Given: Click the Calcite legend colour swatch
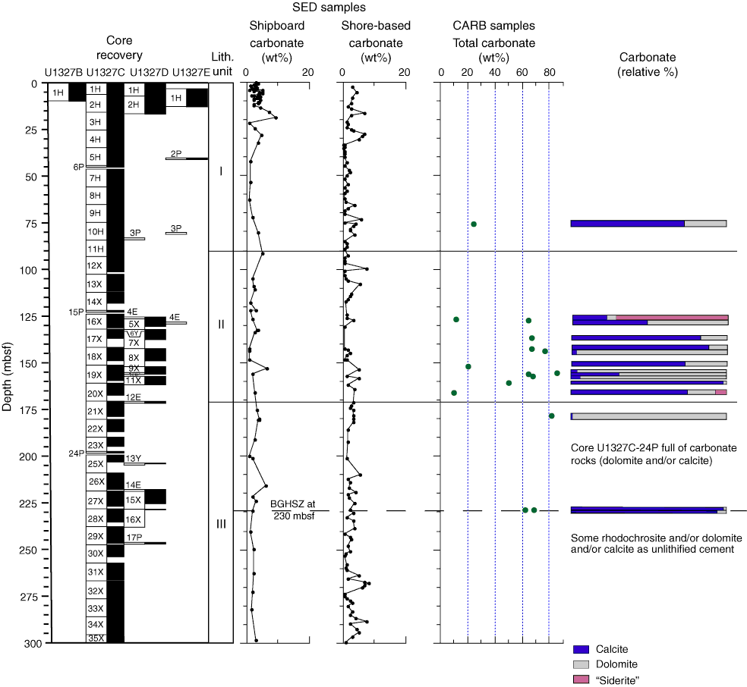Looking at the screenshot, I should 581,649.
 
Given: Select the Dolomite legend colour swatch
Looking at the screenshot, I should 581,664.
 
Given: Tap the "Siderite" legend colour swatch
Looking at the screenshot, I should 581,680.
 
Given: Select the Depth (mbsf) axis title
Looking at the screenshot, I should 7,364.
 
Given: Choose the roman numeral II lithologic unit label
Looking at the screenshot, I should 221,325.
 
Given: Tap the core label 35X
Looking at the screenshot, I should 96,638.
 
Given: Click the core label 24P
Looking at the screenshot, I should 75,453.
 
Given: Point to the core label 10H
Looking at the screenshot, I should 96,232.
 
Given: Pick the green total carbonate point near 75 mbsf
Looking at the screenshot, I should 474,224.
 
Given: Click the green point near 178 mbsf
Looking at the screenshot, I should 552,416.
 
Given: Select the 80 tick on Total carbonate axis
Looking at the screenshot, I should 549,73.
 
